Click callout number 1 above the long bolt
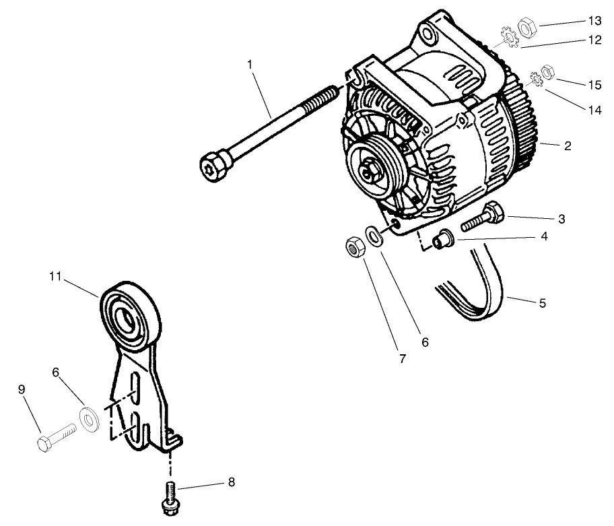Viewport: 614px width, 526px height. (x=250, y=65)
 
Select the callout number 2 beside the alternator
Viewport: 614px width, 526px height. (x=568, y=145)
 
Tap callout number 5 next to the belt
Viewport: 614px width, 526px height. (x=542, y=303)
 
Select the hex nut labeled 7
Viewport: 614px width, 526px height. (x=354, y=246)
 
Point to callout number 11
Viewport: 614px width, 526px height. (x=55, y=275)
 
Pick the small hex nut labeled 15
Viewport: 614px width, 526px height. (x=548, y=70)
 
